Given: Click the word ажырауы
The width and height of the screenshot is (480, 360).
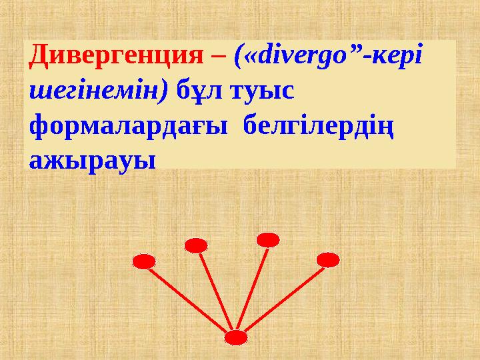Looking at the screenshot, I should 92,160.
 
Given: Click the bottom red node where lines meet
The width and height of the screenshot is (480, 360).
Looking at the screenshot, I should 236,338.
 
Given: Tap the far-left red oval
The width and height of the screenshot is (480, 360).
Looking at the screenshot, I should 144,261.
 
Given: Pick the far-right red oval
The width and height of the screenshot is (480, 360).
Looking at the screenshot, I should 328,259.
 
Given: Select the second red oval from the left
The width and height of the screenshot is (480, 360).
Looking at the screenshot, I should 196,245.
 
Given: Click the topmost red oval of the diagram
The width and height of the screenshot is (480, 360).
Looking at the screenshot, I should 267,239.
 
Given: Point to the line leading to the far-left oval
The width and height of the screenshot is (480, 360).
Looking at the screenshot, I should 189,299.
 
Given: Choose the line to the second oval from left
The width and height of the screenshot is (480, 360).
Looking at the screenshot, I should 216,291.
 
